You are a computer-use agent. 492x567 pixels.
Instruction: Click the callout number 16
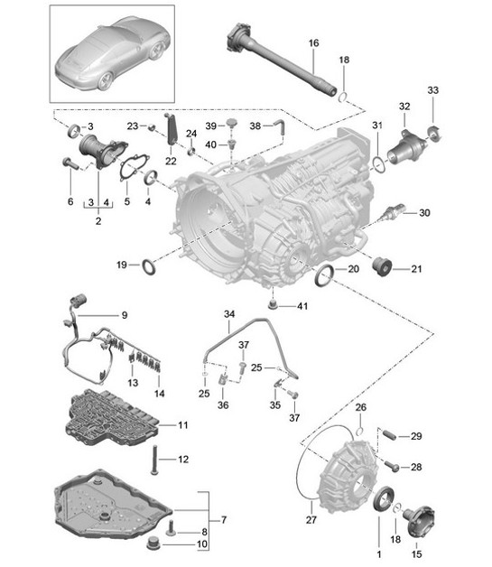[x=313, y=43]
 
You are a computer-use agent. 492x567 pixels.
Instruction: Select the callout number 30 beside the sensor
[x=424, y=213]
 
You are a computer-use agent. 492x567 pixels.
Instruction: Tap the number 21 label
[x=416, y=269]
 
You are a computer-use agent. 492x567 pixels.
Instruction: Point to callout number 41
[x=302, y=306]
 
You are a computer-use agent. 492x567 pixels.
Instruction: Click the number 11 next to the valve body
[x=183, y=425]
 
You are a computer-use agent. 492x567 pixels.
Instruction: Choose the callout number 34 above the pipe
[x=229, y=314]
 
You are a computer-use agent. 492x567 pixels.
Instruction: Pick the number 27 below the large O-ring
[x=311, y=520]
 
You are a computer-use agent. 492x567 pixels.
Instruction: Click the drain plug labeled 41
[x=273, y=304]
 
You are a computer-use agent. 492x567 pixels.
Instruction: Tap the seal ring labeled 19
[x=149, y=266]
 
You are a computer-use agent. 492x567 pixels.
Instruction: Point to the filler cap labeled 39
[x=231, y=123]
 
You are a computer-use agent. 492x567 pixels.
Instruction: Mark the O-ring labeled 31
[x=377, y=164]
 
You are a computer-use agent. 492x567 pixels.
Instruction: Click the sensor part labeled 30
[x=391, y=213]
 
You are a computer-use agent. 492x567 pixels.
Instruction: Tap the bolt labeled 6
[x=70, y=163]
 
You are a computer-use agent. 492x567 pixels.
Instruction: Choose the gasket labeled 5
[x=135, y=166]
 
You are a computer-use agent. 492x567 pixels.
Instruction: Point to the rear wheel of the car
[x=105, y=80]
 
